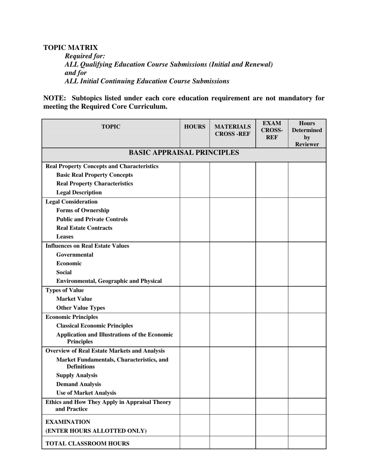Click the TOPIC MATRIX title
click(71, 48)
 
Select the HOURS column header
click(194, 127)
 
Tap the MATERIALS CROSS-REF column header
click(232, 130)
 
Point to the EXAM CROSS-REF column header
click(272, 130)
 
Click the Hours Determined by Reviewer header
click(307, 134)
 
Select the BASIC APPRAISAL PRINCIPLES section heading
click(184, 152)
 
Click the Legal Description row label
click(79, 192)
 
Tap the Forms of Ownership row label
click(83, 211)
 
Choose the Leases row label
click(65, 236)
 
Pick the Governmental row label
click(75, 255)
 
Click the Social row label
click(64, 272)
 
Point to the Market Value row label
click(74, 299)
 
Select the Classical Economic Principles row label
click(95, 325)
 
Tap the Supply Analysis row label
click(77, 375)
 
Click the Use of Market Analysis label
click(86, 393)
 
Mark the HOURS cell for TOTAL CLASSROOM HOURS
click(194, 443)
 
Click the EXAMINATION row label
click(68, 422)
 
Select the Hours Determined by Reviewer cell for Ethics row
click(307, 406)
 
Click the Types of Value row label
click(65, 290)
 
